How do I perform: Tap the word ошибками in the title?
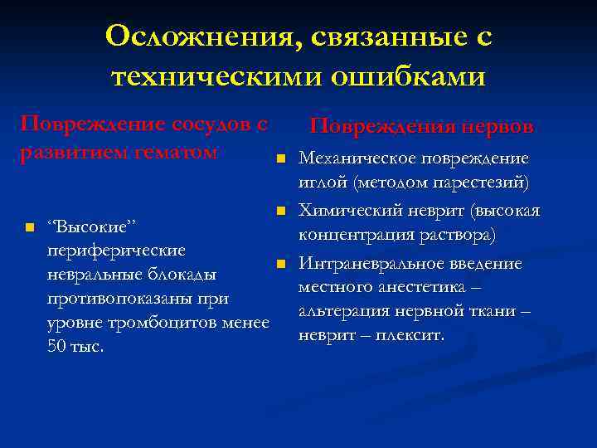(x=408, y=76)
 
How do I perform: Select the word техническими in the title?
(x=213, y=76)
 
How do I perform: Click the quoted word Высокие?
(x=92, y=226)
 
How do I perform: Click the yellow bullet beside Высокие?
(x=30, y=226)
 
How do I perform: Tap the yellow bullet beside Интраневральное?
(x=281, y=264)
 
